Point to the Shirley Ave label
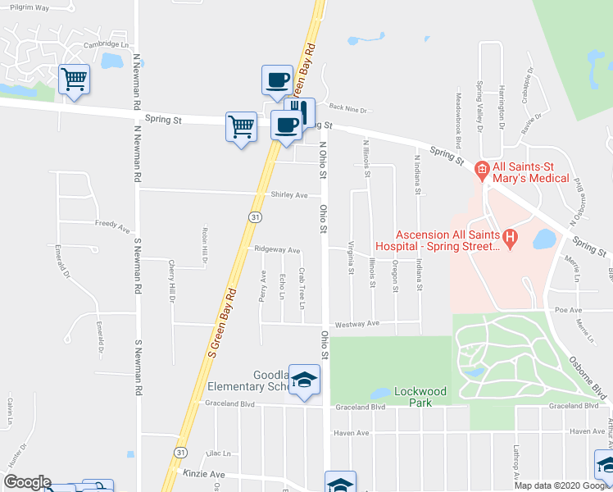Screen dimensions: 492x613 288,195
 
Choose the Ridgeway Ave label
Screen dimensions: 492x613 277,249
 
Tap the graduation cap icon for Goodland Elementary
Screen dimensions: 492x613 305,380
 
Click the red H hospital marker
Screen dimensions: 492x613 511,239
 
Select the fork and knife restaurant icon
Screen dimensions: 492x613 299,111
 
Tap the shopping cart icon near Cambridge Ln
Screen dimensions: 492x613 74,80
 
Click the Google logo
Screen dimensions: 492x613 26,482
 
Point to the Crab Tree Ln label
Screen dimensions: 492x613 302,288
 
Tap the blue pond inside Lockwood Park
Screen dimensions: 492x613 380,394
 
